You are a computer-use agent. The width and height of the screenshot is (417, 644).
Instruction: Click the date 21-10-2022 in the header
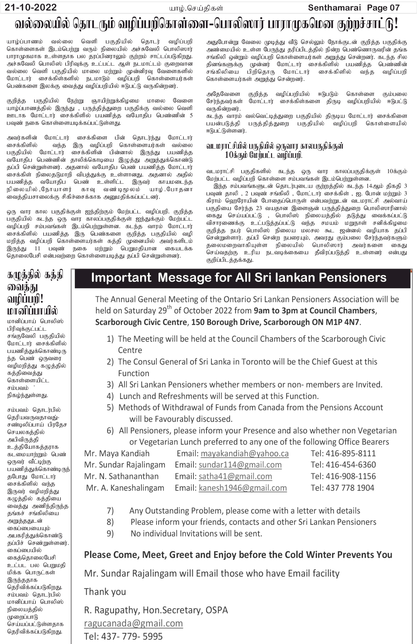31,8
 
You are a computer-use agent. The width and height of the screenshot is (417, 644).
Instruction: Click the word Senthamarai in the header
334,8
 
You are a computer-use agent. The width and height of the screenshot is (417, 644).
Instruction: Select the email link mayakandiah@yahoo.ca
244,453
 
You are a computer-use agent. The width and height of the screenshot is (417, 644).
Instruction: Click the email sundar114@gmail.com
240,465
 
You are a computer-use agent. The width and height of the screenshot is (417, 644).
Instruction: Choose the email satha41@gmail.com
235,476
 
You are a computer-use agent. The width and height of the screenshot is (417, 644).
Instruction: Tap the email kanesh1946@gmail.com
243,488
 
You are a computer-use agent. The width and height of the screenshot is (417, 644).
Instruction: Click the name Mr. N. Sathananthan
121,476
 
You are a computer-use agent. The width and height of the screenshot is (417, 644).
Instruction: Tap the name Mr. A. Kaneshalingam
125,488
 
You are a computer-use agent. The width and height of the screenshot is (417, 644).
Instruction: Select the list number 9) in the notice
110,534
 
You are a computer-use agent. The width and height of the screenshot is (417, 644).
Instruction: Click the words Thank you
105,592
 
